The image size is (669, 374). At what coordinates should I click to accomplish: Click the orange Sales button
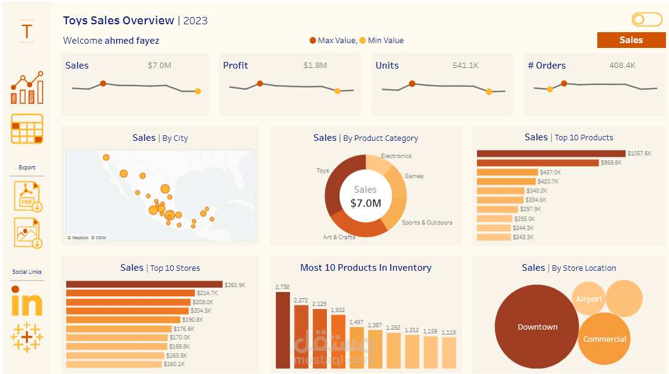pos(631,40)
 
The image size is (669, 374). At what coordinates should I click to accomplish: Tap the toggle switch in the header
pos(647,20)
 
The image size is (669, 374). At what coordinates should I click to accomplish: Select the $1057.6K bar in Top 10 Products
pos(551,154)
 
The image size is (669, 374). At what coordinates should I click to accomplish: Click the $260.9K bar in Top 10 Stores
pos(144,284)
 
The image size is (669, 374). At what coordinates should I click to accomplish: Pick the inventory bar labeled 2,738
pos(283,330)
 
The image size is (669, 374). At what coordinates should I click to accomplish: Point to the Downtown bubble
pos(537,327)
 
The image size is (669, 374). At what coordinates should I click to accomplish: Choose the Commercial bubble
pos(604,339)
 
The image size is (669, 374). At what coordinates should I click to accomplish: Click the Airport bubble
pos(589,299)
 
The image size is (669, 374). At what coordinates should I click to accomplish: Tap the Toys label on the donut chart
pos(323,171)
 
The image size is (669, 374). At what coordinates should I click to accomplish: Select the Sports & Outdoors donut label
pos(427,222)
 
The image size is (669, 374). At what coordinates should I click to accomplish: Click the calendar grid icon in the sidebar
pos(27,129)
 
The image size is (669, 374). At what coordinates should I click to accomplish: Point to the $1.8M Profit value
pos(315,66)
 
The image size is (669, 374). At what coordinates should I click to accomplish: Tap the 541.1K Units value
pos(465,66)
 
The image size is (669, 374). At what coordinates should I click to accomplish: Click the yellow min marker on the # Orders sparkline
pos(550,89)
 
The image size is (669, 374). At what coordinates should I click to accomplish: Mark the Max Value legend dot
pos(313,41)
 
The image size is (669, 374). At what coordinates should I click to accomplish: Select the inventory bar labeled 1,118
pos(448,352)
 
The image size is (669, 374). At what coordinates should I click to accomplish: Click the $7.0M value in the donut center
pos(366,203)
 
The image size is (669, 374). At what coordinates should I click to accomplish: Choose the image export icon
pos(28,233)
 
